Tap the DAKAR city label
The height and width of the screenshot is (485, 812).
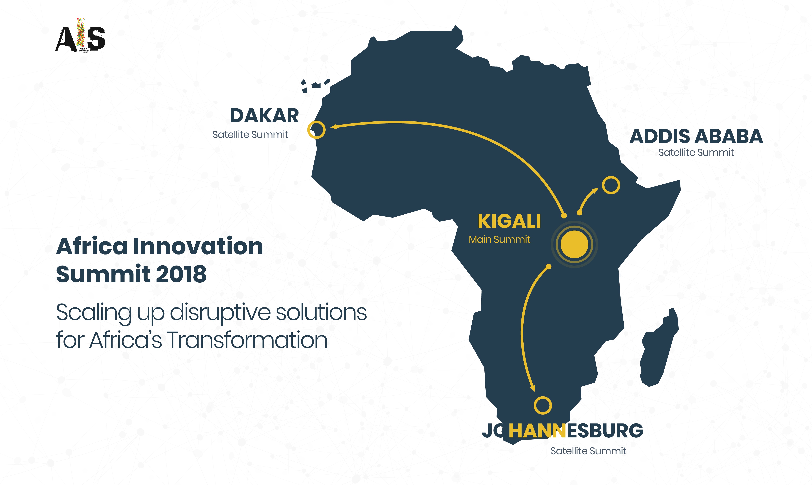264,116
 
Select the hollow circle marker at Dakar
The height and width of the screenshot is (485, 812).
316,130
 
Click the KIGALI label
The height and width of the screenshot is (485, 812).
509,221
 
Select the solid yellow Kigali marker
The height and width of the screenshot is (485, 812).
574,244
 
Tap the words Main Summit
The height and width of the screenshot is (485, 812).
500,240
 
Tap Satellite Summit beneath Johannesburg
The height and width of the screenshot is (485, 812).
588,451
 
